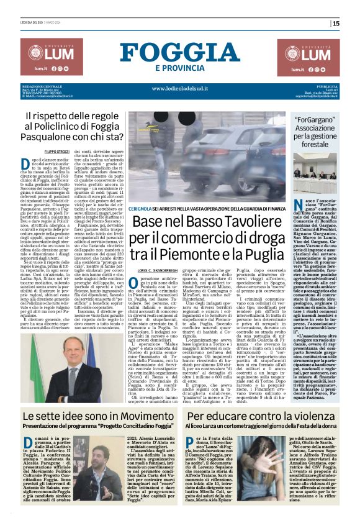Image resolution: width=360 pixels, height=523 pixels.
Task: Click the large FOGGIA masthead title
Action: tap(179, 52)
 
